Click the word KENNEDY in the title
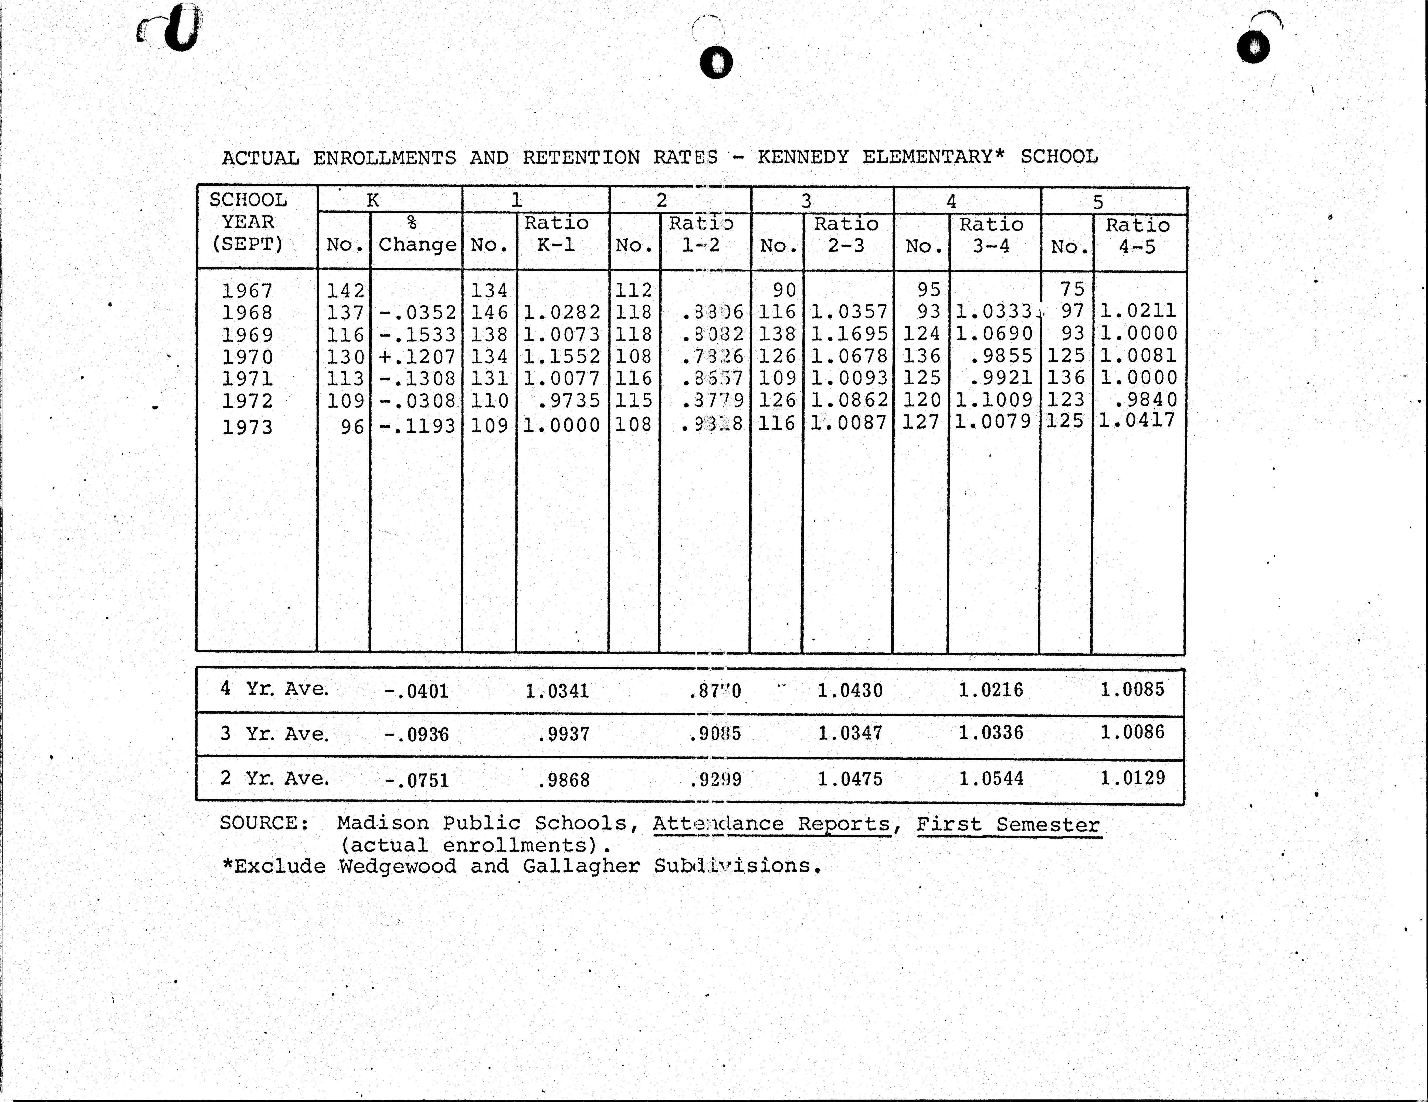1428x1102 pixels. (x=803, y=157)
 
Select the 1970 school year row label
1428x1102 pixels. (x=247, y=357)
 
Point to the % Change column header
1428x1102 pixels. (x=416, y=234)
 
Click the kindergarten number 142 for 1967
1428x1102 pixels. (x=345, y=290)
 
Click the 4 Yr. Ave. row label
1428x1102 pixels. (x=275, y=689)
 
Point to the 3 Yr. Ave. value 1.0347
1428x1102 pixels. (x=850, y=733)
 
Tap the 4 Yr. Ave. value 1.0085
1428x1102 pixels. (x=1132, y=689)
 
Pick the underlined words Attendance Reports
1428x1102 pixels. (x=772, y=824)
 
